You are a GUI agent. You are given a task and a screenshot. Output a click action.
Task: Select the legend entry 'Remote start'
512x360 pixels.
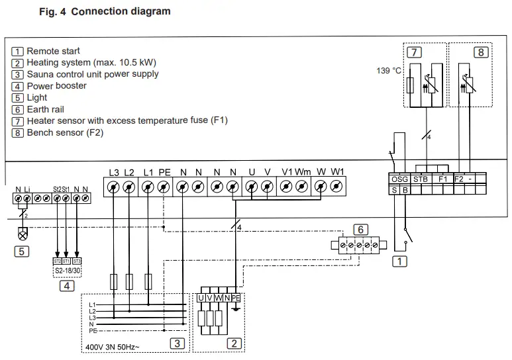click(x=53, y=51)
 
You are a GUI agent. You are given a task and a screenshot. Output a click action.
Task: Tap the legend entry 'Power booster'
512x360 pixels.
click(x=56, y=86)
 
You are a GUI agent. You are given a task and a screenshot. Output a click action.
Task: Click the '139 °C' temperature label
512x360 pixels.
click(x=389, y=70)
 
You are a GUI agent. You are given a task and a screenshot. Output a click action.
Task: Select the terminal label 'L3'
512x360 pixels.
click(x=115, y=173)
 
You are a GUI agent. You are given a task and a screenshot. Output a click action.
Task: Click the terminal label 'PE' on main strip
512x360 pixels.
click(x=164, y=173)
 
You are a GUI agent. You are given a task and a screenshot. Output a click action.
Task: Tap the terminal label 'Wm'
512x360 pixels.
click(x=303, y=173)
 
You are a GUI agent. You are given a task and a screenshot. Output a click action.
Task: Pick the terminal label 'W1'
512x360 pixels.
click(x=338, y=173)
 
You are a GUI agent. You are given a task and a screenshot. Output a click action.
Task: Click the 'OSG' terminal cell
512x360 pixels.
click(x=399, y=179)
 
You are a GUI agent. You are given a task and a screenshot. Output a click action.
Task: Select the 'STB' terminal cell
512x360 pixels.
click(x=421, y=179)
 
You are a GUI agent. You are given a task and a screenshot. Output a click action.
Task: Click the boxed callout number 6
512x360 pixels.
click(x=360, y=229)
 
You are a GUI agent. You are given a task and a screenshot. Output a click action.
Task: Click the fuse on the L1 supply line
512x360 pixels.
click(x=148, y=281)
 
